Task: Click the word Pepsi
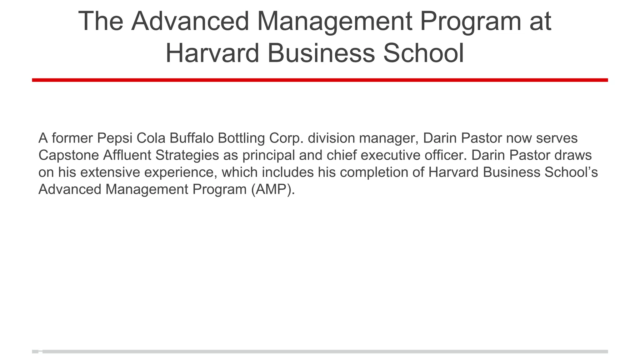[x=115, y=138]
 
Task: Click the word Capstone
[x=68, y=156]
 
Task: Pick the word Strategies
[x=187, y=156]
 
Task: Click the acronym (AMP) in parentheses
[x=272, y=190]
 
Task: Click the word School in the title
[x=423, y=53]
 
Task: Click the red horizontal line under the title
[x=320, y=80]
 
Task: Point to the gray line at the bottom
[x=320, y=352]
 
